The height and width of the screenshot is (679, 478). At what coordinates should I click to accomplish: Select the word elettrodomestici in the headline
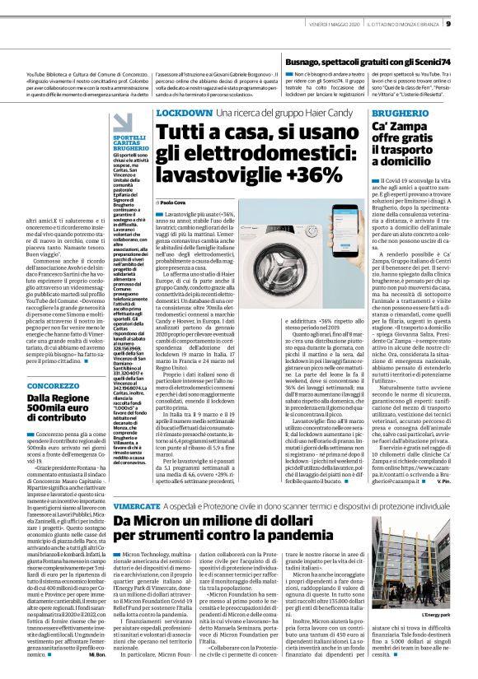pyautogui.click(x=256, y=153)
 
